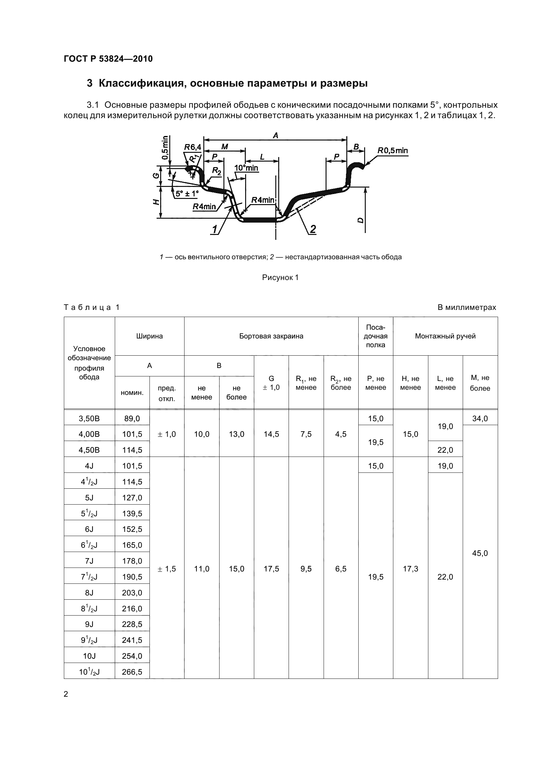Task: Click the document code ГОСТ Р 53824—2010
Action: point(108,59)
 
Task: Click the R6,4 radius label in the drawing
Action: point(193,147)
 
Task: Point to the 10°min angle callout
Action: point(246,168)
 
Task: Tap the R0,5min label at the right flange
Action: point(393,151)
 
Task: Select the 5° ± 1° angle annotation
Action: point(187,194)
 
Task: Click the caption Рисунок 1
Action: point(280,277)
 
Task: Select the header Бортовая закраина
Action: point(271,336)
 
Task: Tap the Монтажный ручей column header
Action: point(445,336)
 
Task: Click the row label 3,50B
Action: point(89,419)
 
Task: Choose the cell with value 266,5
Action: point(132,671)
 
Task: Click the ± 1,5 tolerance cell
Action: point(167,569)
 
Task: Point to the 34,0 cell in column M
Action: point(480,419)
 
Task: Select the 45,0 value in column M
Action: point(480,553)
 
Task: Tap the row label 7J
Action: point(89,561)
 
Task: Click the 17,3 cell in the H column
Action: point(411,569)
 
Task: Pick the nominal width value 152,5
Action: point(132,529)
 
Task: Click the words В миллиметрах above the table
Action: point(467,307)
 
